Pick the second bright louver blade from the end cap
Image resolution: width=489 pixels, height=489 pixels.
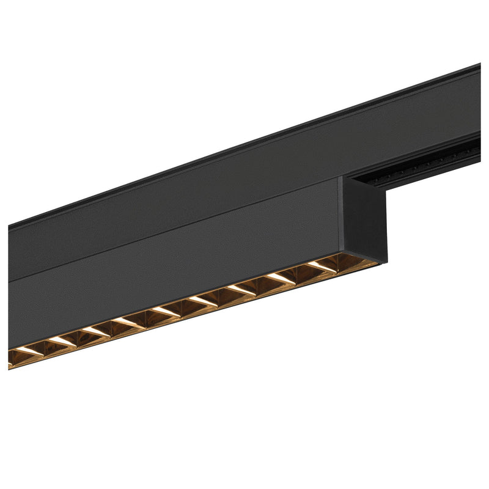[x=281, y=278]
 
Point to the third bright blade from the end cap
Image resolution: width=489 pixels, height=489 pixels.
[x=242, y=290]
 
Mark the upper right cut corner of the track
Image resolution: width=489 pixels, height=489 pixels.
[x=478, y=66]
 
